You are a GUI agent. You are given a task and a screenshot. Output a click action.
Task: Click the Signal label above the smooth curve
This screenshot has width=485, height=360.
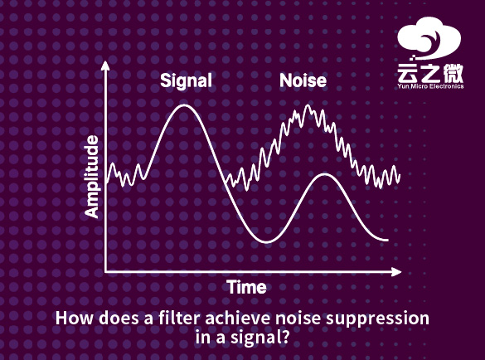(186, 80)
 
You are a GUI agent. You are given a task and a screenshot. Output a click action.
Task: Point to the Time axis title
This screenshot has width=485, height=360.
(247, 288)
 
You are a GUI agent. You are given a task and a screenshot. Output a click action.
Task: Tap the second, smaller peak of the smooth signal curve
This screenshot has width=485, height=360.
(326, 175)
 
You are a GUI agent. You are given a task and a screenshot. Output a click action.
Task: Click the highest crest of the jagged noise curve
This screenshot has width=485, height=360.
(308, 107)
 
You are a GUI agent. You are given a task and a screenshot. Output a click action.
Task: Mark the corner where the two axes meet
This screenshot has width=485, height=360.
(105, 271)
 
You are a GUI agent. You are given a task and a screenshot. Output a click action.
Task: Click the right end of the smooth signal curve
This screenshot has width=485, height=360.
(387, 241)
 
